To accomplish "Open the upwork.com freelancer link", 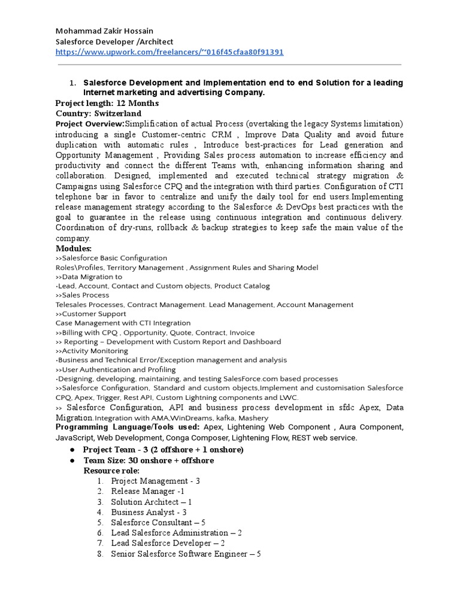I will [x=170, y=52].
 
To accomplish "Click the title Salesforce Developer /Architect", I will [x=114, y=41].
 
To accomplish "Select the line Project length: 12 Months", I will [x=107, y=104].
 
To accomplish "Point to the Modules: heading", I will [x=74, y=248].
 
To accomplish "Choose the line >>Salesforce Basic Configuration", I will [x=111, y=258].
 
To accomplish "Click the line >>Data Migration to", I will [x=89, y=277].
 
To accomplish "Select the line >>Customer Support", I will [x=90, y=314].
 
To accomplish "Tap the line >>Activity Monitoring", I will [x=92, y=351].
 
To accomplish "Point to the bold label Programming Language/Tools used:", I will [x=128, y=427].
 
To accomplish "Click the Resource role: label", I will [x=111, y=471].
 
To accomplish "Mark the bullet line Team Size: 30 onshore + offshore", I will [x=148, y=460].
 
